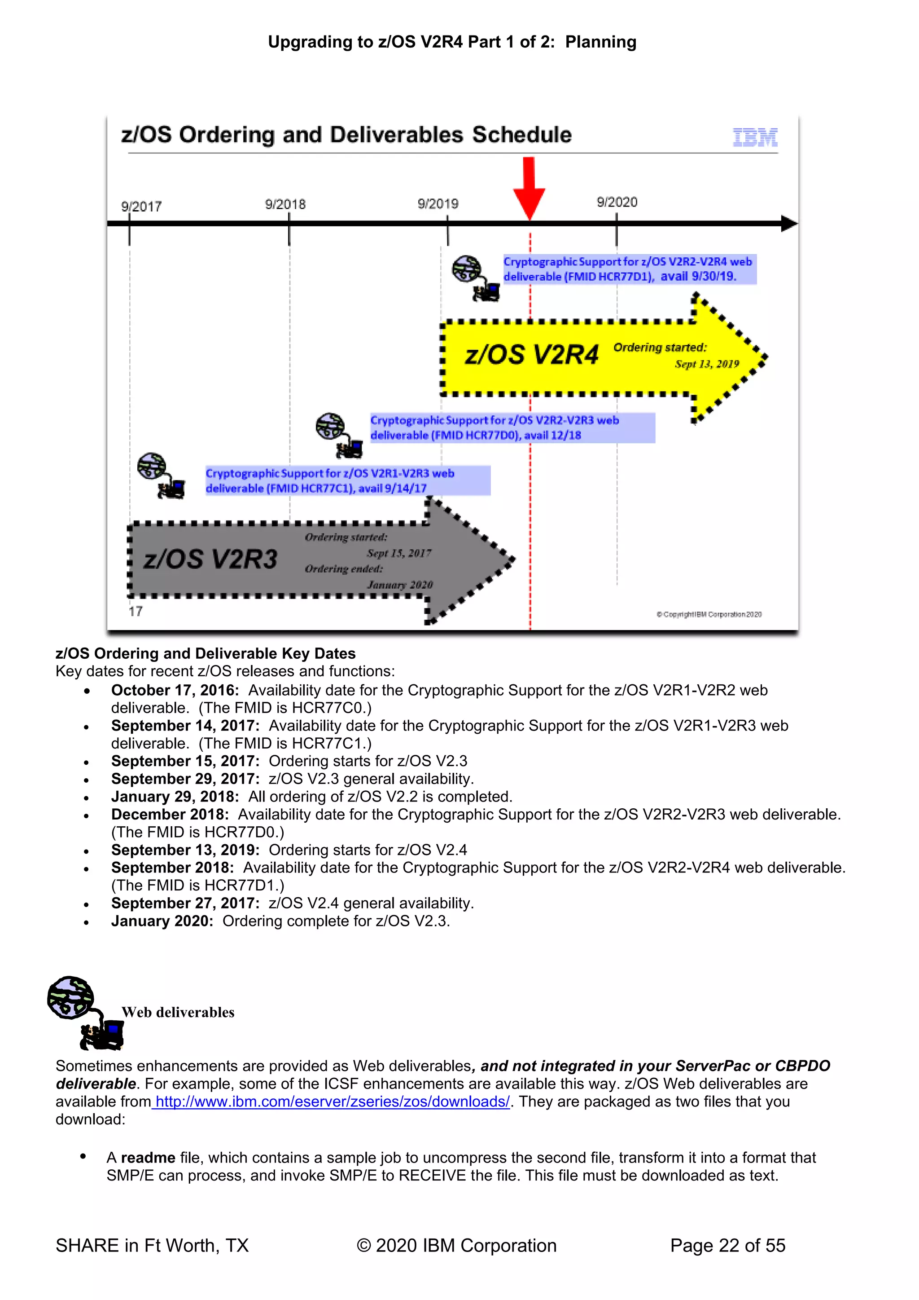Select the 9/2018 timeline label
285,204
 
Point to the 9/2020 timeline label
617,202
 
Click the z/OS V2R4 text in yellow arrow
531,355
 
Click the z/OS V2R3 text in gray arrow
210,560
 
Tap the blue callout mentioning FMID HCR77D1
629,269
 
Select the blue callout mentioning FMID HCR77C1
347,480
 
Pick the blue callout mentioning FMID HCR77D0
512,427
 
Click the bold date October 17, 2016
175,690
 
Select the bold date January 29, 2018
175,797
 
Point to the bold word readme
148,1158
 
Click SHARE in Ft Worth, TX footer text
152,1246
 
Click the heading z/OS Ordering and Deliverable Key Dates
206,653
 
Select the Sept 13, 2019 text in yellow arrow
707,364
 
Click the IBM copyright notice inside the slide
709,614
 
